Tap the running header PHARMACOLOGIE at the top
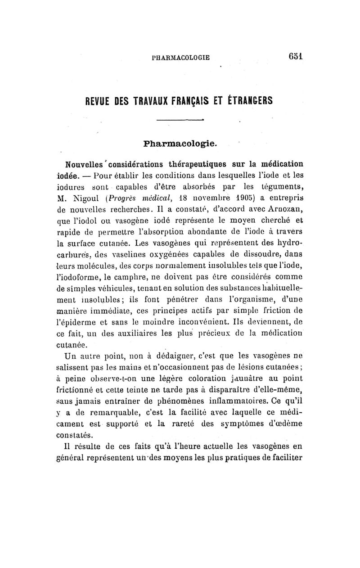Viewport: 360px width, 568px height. [x=181, y=58]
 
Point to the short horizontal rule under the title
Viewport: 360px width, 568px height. [x=180, y=120]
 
